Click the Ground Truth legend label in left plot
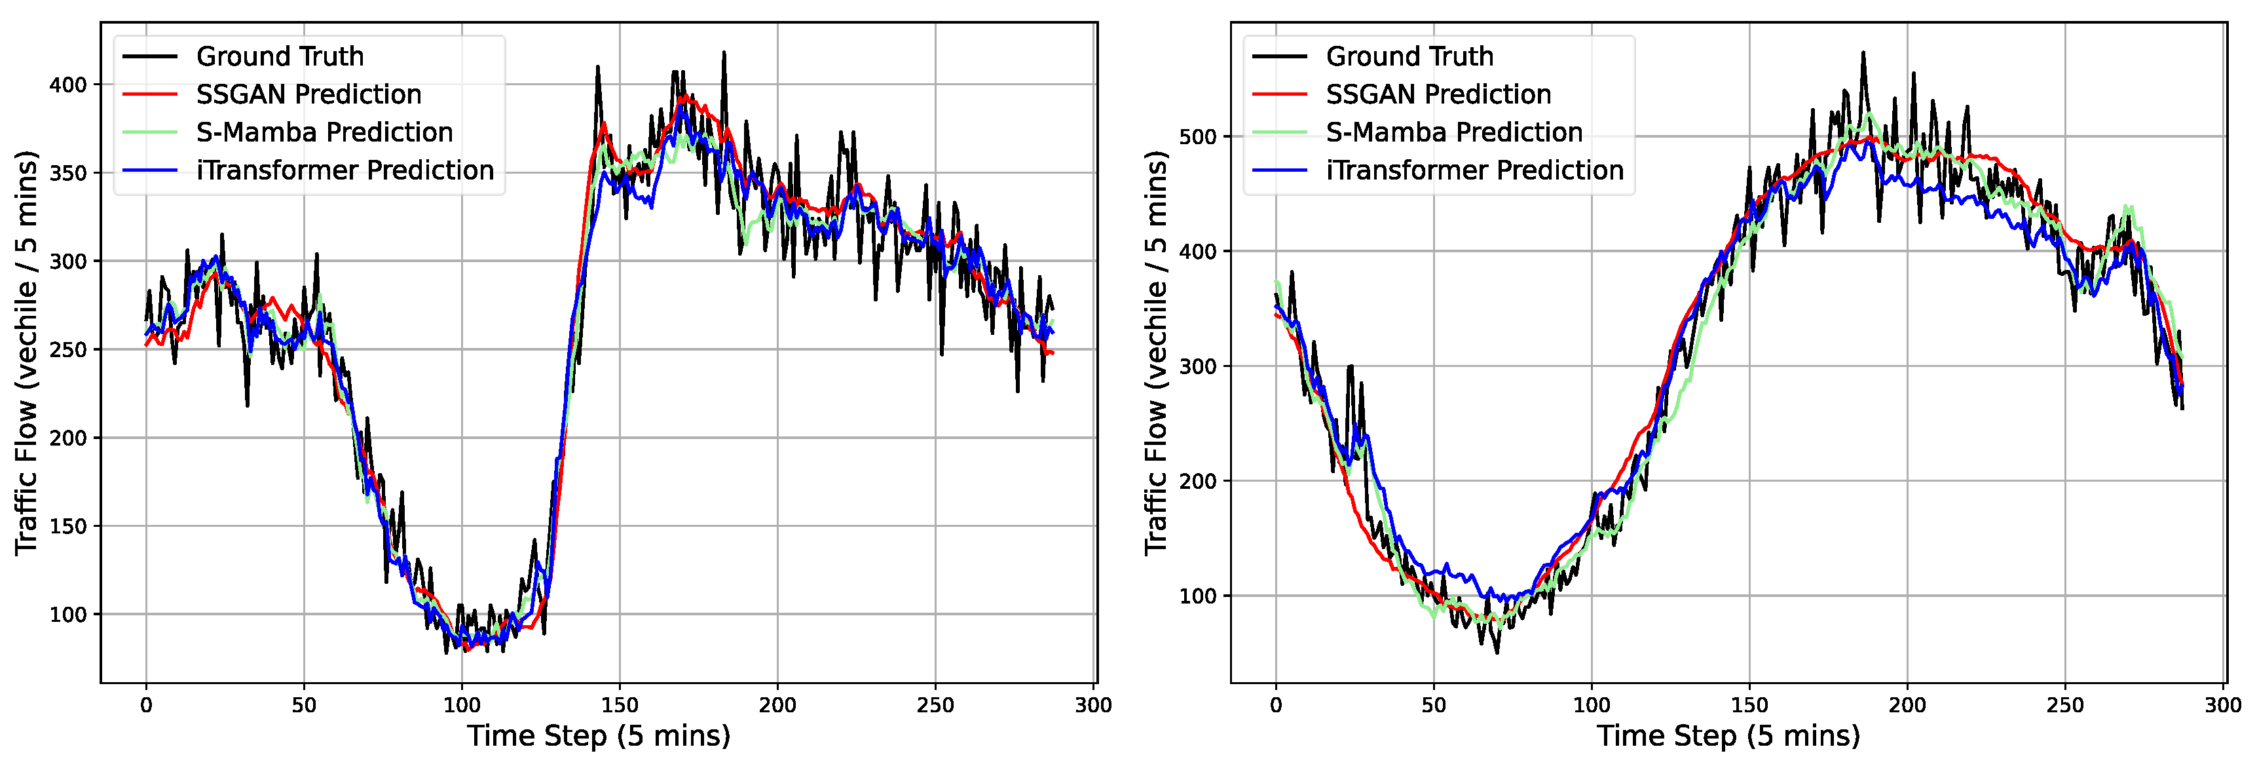pos(280,56)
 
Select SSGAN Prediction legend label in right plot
pos(1438,94)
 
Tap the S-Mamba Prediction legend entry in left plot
pos(324,132)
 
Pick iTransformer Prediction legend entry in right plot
pos(1474,170)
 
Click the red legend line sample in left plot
pos(150,94)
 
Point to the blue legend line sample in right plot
pos(1279,170)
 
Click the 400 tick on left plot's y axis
pos(68,85)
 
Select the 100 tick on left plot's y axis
pos(68,615)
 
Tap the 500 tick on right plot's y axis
pos(1198,137)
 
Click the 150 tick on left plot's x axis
pos(620,705)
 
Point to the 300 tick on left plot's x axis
pos(1093,705)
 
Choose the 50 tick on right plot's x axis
pos(1434,705)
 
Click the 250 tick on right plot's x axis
pos(2065,705)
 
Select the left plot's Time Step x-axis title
pos(599,735)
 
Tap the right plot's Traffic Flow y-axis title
pos(1155,353)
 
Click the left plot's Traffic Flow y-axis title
pos(26,353)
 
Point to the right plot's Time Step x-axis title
pos(1728,735)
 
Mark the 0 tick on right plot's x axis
pos(1276,705)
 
